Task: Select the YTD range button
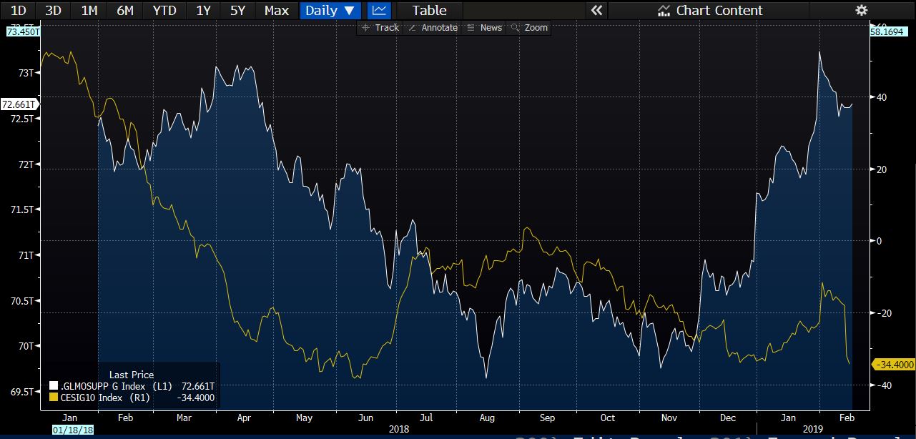164,10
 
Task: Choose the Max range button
276,10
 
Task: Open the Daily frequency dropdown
330,10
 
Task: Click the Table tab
429,10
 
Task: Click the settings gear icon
861,10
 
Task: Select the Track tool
380,27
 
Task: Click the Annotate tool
432,27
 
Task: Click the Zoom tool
529,27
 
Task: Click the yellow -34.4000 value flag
893,365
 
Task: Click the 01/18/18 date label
72,430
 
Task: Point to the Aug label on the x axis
486,418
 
